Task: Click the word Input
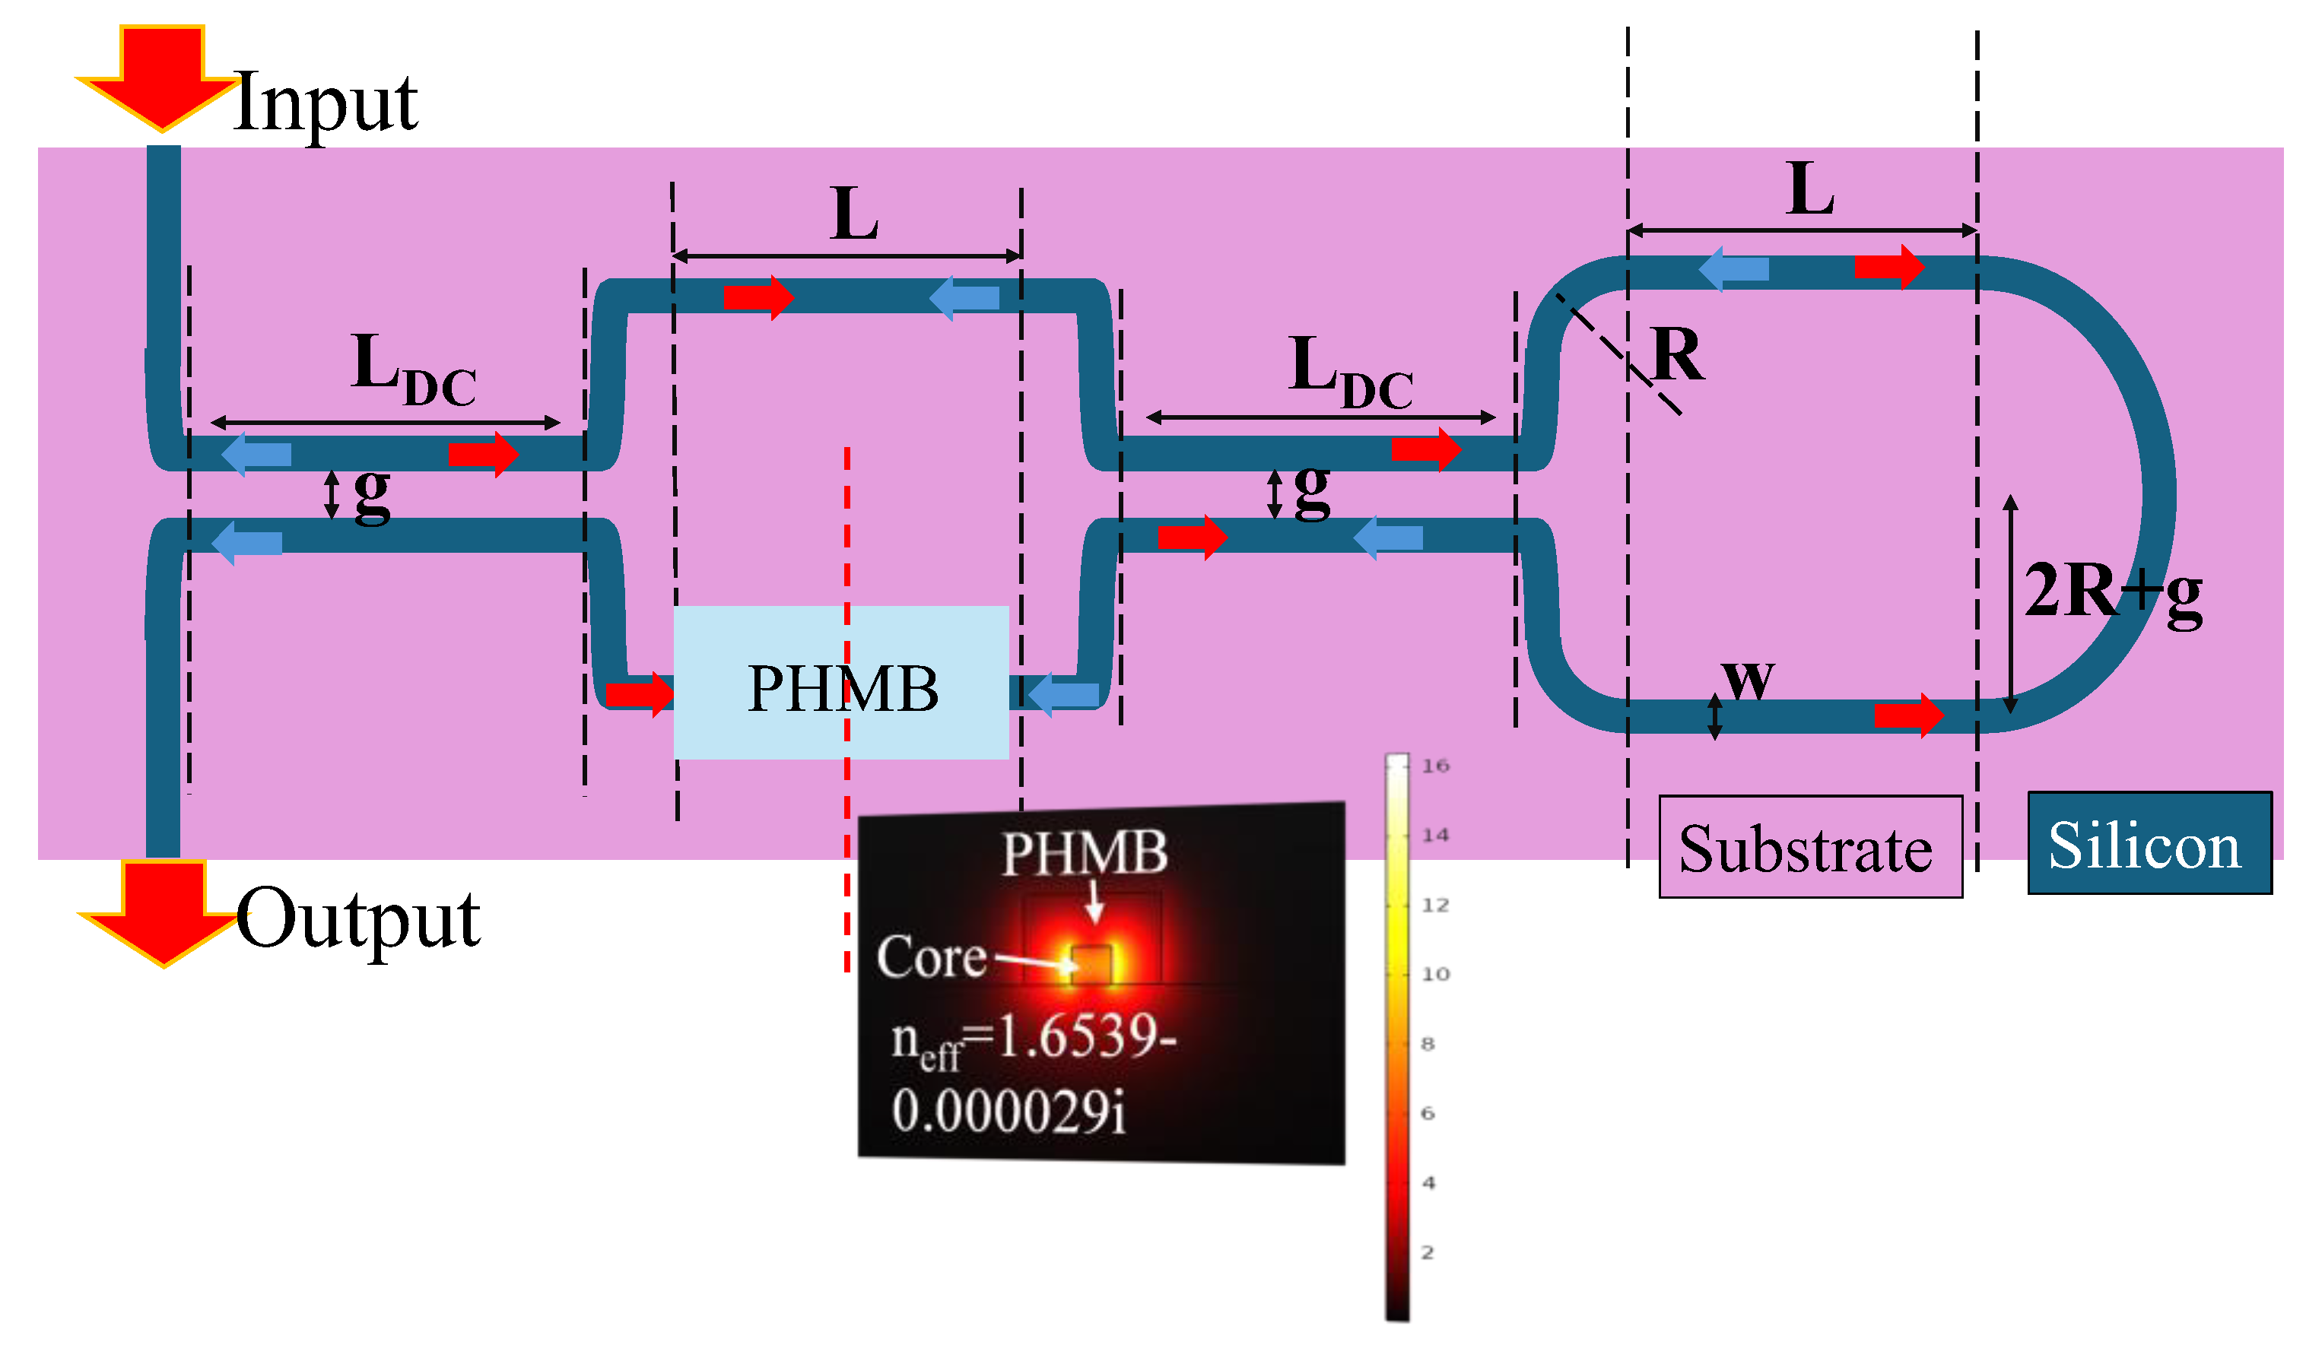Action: (x=326, y=103)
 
